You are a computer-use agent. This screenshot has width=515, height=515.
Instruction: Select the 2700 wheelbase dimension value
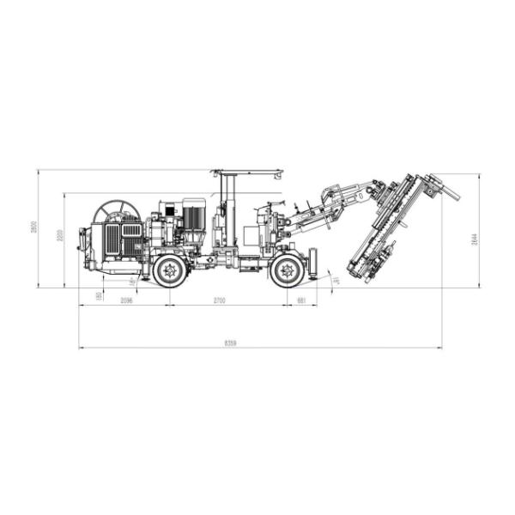[219, 300]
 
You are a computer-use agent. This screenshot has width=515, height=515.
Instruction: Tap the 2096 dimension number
[127, 300]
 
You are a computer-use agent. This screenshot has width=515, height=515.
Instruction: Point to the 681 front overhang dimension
[301, 300]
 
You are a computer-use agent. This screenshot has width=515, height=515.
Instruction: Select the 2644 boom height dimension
[474, 239]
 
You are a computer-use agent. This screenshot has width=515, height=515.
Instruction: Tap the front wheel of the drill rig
[286, 271]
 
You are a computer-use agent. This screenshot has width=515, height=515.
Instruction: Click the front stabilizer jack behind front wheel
[313, 261]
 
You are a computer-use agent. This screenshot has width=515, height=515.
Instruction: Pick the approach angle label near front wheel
[336, 279]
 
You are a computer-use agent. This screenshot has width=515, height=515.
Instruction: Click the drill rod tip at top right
[455, 196]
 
